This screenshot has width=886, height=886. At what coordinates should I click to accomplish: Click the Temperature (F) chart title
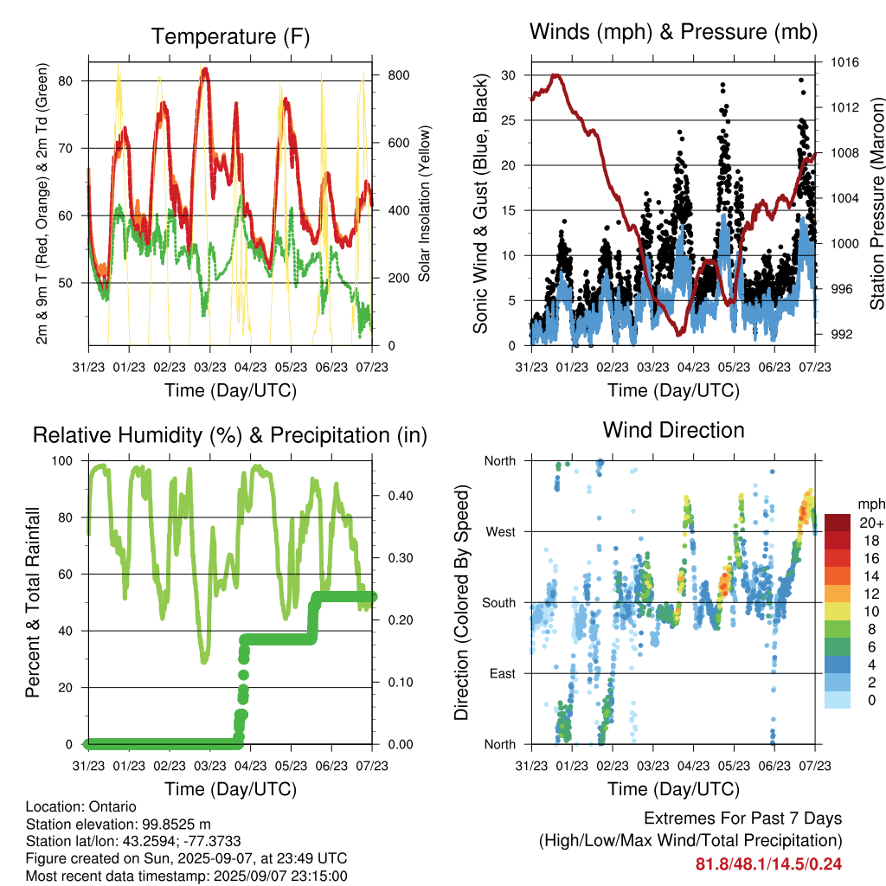pos(230,36)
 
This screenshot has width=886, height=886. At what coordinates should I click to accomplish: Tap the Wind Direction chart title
pos(673,430)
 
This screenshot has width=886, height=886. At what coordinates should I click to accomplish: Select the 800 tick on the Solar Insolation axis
pos(398,75)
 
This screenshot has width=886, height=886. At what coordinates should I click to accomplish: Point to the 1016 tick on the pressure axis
pos(844,62)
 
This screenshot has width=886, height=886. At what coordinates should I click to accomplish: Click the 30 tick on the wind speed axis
pos(508,75)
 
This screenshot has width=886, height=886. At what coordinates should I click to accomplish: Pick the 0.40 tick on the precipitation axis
pos(401,496)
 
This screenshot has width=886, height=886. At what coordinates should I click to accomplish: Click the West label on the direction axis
pos(501,532)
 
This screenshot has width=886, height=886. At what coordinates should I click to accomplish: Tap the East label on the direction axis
pos(503,673)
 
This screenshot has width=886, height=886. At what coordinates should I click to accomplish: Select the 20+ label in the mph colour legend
pos(871,523)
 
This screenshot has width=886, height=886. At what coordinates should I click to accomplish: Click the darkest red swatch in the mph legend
pos(838,523)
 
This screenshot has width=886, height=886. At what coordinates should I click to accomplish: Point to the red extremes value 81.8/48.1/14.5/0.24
pos(768,864)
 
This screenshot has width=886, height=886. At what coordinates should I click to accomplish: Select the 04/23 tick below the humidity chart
pos(250,766)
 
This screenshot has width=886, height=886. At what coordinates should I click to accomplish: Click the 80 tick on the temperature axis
pos(66,80)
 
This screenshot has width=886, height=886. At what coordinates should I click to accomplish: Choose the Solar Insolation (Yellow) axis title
pos(424,203)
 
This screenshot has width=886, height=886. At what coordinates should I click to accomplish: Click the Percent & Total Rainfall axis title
pos(33,602)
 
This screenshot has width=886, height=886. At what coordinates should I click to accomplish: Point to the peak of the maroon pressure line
pos(556,75)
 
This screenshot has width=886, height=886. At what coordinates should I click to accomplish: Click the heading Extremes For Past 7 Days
pos(743,819)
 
